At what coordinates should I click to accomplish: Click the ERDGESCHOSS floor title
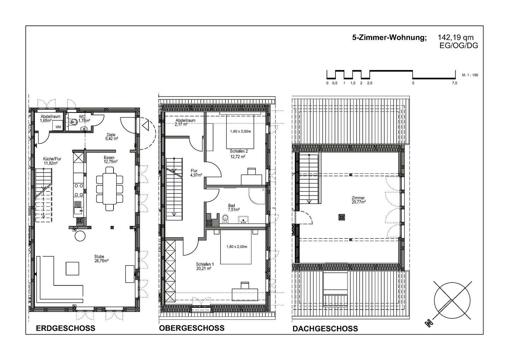click(65, 328)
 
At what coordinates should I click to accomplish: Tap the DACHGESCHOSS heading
click(325, 329)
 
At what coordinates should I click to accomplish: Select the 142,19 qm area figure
click(456, 37)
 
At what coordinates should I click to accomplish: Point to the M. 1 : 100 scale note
click(470, 75)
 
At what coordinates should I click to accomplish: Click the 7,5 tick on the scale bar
click(455, 83)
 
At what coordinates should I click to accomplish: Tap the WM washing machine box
click(58, 127)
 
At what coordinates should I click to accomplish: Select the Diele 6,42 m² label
click(111, 137)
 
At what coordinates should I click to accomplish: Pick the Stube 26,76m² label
click(101, 259)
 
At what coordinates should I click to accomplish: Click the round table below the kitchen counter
click(80, 236)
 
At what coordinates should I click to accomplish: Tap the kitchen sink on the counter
click(78, 211)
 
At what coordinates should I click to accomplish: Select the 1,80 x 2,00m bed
click(236, 247)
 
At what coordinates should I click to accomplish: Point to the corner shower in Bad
click(257, 196)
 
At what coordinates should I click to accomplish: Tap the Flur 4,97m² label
click(196, 173)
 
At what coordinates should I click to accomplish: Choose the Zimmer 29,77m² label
click(358, 200)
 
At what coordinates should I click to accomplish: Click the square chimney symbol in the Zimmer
click(341, 217)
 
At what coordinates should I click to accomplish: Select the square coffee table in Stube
click(72, 268)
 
